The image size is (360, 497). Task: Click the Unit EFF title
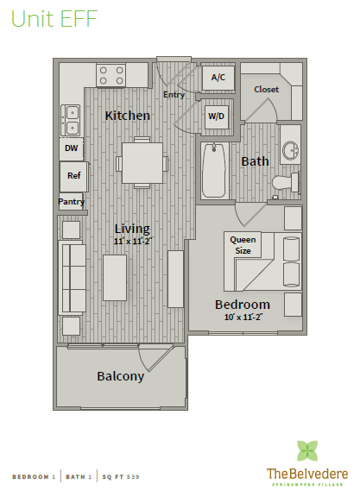54,18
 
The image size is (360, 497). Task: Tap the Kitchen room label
128,116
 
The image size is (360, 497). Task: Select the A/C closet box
218,78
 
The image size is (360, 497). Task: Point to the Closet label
266,90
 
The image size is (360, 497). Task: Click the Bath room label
256,161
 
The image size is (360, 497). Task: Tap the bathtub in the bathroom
213,172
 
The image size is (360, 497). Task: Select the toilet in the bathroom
286,182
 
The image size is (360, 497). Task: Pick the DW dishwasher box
71,148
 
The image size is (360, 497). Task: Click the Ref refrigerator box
73,176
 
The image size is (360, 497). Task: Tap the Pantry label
71,202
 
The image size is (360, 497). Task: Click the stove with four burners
111,76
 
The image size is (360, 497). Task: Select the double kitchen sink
72,120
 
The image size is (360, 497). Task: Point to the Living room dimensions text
132,241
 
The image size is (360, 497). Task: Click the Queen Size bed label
243,245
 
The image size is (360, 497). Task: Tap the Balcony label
120,376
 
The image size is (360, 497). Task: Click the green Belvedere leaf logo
307,450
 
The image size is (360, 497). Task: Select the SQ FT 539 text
121,476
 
